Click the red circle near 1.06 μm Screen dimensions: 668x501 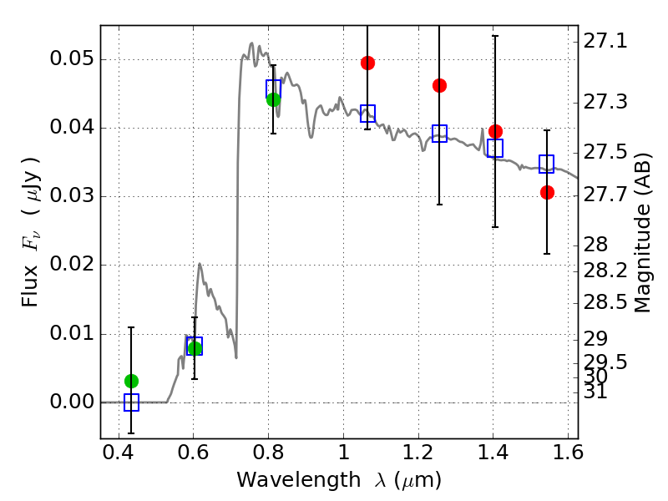coord(367,63)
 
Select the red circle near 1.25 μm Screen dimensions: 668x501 coord(440,86)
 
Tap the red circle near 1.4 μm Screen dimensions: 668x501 coord(495,131)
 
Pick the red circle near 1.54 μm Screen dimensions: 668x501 coord(547,193)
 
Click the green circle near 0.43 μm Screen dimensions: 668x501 coord(132,381)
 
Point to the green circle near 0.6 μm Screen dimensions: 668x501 coord(195,348)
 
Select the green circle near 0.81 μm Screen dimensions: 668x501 coord(274,100)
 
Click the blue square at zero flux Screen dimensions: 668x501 coord(131,402)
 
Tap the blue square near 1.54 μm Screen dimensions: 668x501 coord(547,164)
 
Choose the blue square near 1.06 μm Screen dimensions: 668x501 coord(367,114)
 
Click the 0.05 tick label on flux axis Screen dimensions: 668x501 coord(72,58)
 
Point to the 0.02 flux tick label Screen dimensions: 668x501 coord(72,264)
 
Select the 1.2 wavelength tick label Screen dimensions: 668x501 coord(418,453)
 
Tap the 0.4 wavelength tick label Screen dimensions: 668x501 coord(118,453)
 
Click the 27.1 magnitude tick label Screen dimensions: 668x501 coord(605,42)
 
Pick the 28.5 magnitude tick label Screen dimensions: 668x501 coord(605,302)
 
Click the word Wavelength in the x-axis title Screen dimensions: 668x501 coord(299,480)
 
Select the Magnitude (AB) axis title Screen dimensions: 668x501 coord(642,233)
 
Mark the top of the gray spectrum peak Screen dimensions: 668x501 coord(251,43)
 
